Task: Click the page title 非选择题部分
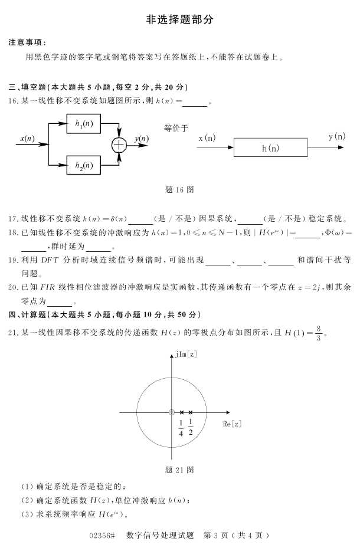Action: pyautogui.click(x=180, y=19)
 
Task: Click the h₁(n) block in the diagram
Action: pyautogui.click(x=83, y=124)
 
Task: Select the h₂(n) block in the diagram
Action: pyautogui.click(x=83, y=165)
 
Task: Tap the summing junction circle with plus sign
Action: pyautogui.click(x=119, y=144)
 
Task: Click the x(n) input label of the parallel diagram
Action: pyautogui.click(x=27, y=139)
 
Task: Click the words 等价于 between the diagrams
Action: pyautogui.click(x=176, y=127)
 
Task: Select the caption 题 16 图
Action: pyautogui.click(x=180, y=190)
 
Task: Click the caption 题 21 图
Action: pyautogui.click(x=180, y=470)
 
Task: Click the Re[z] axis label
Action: pyautogui.click(x=232, y=424)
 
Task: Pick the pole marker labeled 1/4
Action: pyautogui.click(x=182, y=412)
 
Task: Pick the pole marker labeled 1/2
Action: pyautogui.click(x=191, y=412)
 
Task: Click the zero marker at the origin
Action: pyautogui.click(x=171, y=412)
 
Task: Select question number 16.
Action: pyautogui.click(x=14, y=101)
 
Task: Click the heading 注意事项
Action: pyautogui.click(x=27, y=42)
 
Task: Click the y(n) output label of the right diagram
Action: pyautogui.click(x=337, y=137)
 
